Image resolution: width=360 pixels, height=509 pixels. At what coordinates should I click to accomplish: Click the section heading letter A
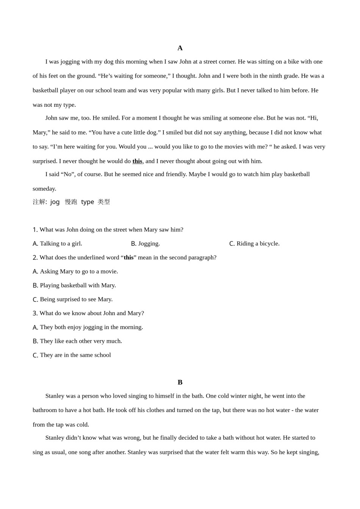pos(180,48)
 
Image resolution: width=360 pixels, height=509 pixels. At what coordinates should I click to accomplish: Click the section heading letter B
pos(180,382)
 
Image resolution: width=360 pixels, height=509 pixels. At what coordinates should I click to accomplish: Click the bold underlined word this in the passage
pos(137,161)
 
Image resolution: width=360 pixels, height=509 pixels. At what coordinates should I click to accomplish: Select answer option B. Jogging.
pos(145,244)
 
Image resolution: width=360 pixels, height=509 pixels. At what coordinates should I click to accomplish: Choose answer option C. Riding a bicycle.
pos(254,244)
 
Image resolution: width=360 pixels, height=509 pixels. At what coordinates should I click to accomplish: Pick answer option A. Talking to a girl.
pos(57,244)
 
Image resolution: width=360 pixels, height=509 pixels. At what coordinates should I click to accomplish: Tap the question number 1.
pos(35,230)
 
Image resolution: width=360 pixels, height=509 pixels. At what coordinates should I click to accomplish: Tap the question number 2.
pos(35,258)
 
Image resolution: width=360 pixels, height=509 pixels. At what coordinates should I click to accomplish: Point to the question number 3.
pos(35,313)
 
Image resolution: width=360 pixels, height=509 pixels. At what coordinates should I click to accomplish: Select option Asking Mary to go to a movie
pos(75,272)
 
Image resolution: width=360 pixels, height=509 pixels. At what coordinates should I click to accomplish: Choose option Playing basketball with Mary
pos(74,286)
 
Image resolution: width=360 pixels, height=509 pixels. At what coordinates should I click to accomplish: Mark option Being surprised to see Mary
pos(72,299)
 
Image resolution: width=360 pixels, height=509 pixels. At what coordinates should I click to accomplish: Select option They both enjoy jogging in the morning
pos(88,327)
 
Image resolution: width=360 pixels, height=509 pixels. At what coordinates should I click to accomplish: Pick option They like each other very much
pos(77,341)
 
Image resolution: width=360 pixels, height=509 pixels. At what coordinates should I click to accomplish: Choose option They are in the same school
pos(72,355)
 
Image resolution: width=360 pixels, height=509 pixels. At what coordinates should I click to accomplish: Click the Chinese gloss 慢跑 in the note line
pos(71,202)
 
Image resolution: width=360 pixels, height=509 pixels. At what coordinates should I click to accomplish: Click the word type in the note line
pos(88,202)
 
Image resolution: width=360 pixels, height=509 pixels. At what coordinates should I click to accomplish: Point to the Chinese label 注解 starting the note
pos(39,202)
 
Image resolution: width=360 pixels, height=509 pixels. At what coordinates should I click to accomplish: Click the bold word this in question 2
pos(128,258)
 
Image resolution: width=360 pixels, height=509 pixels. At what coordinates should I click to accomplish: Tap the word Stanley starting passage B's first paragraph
pos(55,396)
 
